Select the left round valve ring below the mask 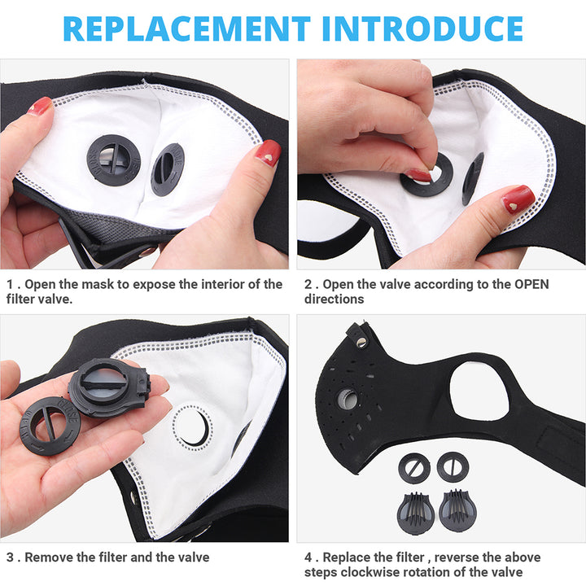pos(414,467)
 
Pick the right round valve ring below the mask pos(453,466)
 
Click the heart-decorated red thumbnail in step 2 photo pos(518,199)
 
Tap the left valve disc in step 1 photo pos(113,160)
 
